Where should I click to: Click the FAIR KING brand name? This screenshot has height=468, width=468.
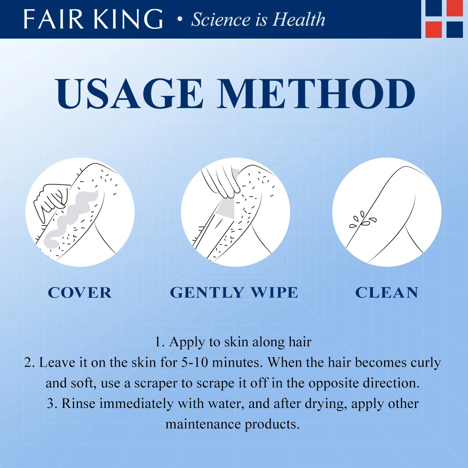pos(93,19)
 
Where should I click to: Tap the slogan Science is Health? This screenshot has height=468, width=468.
pos(258,19)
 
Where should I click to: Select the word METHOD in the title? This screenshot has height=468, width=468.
pos(316,94)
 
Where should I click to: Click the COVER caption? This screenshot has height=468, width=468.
pos(80,292)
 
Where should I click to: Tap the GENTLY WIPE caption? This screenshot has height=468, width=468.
pos(234,292)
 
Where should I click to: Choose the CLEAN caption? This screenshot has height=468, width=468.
pos(386,292)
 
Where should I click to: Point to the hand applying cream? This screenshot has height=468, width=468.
pos(49,201)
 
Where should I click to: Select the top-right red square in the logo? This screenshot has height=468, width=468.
pos(455,8)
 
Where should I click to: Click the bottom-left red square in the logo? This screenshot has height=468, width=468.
pos(433,30)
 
